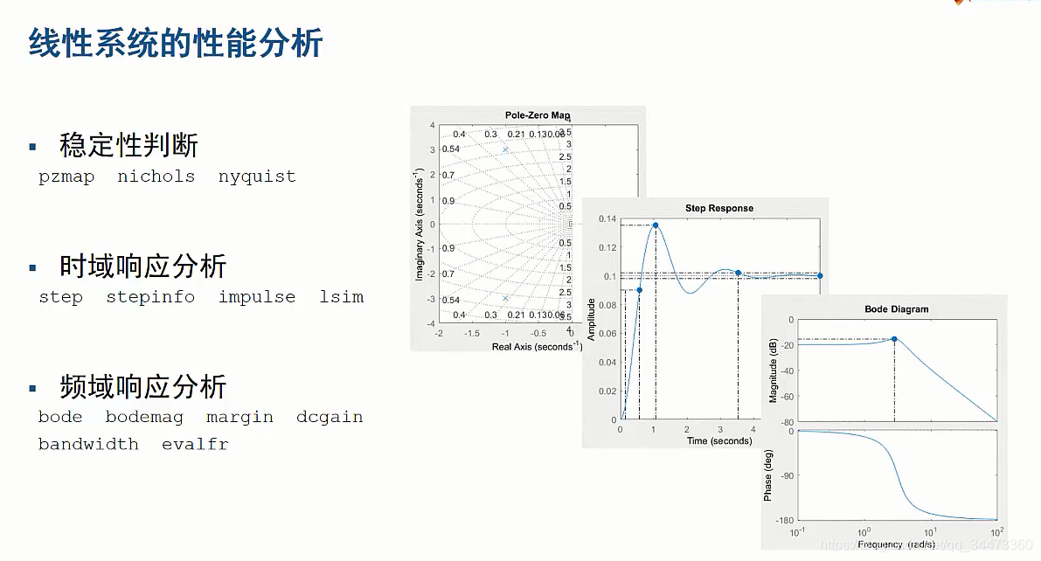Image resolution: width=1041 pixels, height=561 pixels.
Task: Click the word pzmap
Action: [66, 177]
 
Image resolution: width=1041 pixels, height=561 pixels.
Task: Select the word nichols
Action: [156, 177]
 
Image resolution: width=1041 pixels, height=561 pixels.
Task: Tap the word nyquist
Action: [257, 177]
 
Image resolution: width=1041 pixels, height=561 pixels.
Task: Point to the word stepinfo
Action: [150, 297]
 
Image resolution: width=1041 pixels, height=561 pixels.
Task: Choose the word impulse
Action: [257, 297]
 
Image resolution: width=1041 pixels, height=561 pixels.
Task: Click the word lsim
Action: [341, 297]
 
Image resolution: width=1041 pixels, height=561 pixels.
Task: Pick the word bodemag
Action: [144, 417]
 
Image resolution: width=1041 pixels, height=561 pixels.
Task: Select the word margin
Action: [239, 417]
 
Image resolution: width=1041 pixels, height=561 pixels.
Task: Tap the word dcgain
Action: [330, 417]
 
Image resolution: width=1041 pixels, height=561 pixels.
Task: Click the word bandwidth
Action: [88, 444]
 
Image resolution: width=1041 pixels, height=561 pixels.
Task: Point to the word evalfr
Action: [195, 444]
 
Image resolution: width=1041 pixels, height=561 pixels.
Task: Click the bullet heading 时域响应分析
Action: [142, 266]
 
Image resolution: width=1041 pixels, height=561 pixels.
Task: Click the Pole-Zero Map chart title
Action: [538, 115]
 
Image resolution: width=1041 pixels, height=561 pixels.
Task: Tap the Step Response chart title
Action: [718, 208]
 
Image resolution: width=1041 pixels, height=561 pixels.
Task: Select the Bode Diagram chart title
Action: [896, 308]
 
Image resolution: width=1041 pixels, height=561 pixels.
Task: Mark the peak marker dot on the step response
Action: [656, 225]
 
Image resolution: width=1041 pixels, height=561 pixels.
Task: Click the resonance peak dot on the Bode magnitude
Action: [894, 339]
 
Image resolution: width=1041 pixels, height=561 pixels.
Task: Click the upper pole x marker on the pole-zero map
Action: [505, 149]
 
